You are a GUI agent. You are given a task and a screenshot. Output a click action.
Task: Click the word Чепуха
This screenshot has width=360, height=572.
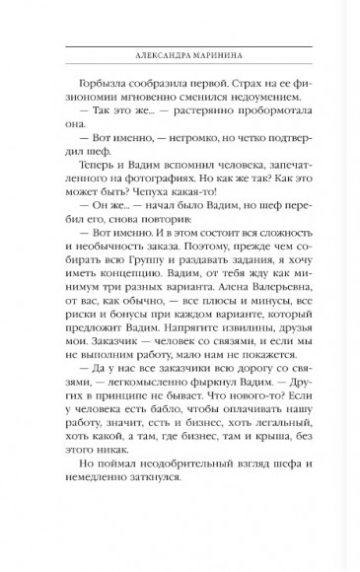(x=173, y=213)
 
